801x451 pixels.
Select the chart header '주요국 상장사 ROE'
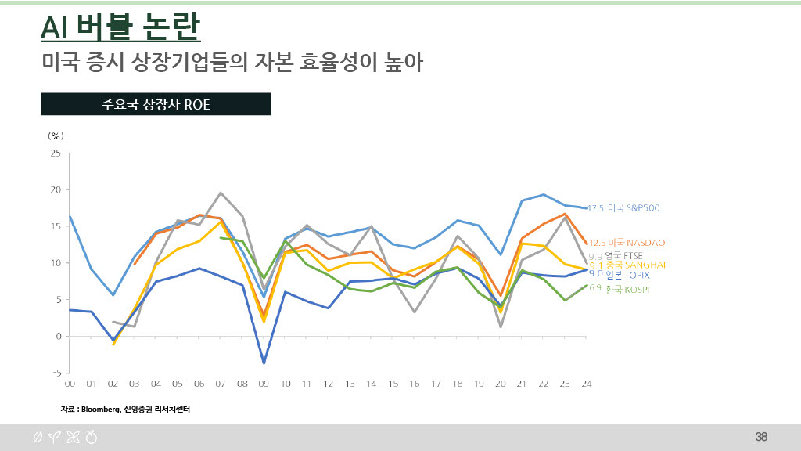coord(156,105)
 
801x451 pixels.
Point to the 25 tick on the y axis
coord(55,153)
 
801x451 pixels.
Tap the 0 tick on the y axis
coord(57,336)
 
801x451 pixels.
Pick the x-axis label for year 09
coord(264,384)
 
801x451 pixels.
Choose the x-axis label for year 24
coord(587,384)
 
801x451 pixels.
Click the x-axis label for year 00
coord(70,384)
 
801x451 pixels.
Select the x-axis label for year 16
coord(415,384)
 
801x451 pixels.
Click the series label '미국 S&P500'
coord(634,208)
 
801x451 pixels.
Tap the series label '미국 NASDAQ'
coord(637,243)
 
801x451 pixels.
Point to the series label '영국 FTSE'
coord(623,255)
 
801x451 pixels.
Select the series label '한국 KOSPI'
coord(628,290)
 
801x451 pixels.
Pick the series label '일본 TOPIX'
coord(627,275)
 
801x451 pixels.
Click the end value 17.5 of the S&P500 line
coord(596,208)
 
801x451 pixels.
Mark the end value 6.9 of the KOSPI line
coord(594,288)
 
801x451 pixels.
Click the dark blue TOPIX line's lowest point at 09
coord(264,363)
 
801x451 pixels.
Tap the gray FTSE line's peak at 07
coord(221,193)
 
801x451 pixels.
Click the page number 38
coord(761,436)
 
